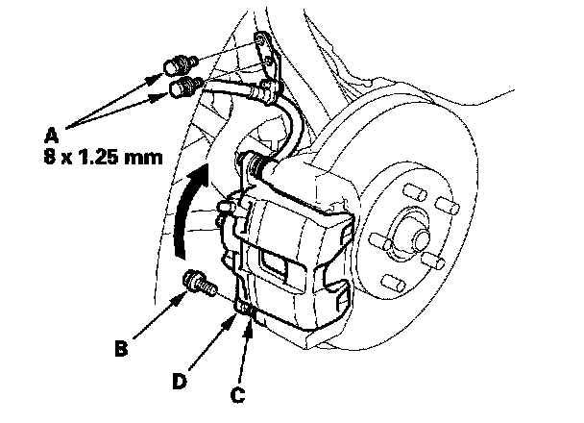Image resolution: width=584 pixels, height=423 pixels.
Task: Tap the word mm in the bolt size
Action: point(140,154)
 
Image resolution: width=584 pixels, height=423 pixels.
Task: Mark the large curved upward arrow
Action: point(186,212)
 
